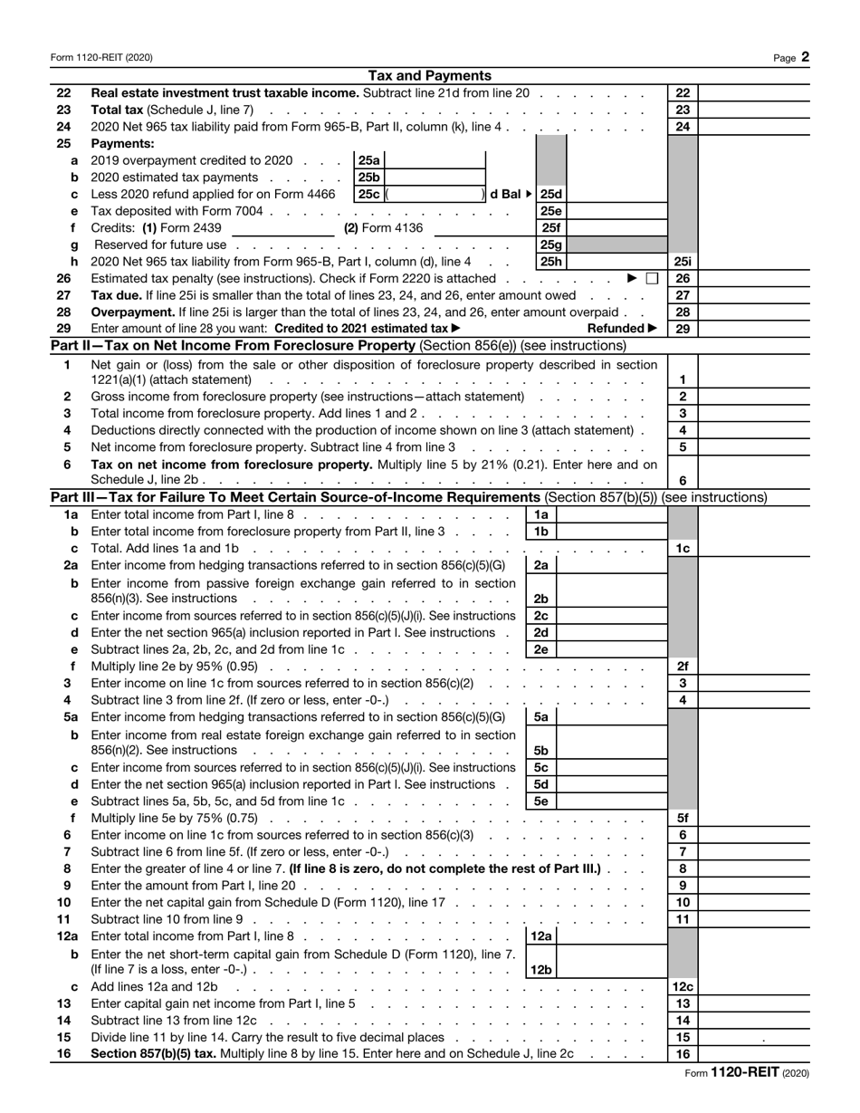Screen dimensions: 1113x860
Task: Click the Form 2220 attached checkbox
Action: coord(652,279)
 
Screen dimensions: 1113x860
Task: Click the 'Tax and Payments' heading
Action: coord(430,76)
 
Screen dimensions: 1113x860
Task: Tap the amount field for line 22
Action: coord(753,93)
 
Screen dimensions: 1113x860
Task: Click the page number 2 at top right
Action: coord(805,57)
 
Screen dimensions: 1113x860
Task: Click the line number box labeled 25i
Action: coord(683,262)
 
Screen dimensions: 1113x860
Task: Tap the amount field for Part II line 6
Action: coord(753,481)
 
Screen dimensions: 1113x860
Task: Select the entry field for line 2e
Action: coord(612,649)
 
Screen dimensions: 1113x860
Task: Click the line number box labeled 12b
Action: coord(540,970)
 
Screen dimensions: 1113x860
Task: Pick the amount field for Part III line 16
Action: coord(753,1054)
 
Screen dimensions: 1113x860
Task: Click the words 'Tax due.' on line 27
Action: coord(116,295)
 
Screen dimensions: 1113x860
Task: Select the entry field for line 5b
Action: coord(612,751)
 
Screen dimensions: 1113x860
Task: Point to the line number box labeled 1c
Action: coord(683,549)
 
